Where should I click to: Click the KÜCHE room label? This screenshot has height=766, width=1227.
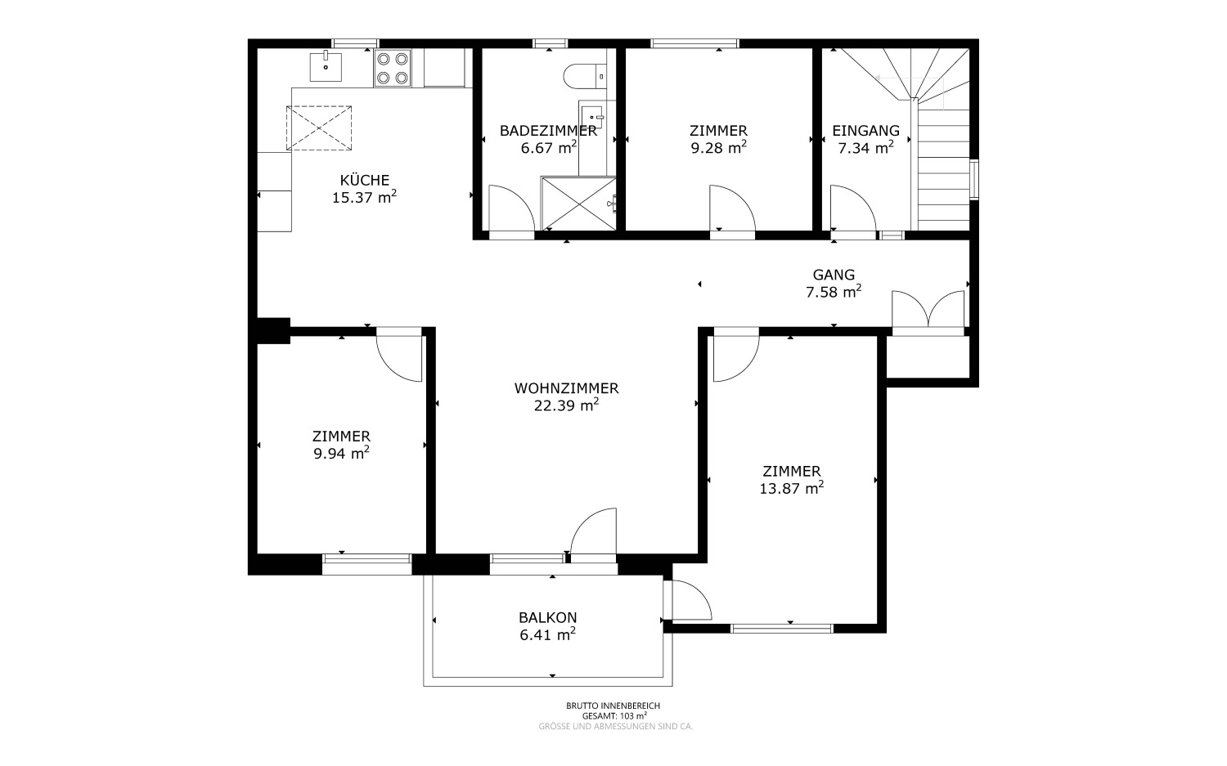(x=364, y=180)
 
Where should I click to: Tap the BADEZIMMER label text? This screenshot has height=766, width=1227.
(x=548, y=131)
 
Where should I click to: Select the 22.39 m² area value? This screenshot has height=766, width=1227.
(x=566, y=405)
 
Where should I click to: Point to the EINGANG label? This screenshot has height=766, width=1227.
(x=865, y=131)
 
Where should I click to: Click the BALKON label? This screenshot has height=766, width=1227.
(x=548, y=617)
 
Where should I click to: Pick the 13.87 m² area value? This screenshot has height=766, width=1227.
(x=792, y=488)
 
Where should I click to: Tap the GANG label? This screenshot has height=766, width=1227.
(x=834, y=275)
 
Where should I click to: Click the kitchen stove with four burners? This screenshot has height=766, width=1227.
(x=392, y=68)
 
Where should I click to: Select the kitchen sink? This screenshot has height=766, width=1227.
(x=326, y=67)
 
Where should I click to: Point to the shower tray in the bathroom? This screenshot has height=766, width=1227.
(x=578, y=203)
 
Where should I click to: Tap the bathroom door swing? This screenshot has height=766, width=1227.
(x=511, y=208)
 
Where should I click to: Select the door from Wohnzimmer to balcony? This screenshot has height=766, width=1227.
(x=594, y=531)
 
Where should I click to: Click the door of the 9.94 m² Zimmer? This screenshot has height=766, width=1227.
(x=399, y=358)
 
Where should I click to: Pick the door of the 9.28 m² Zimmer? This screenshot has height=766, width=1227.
(x=732, y=208)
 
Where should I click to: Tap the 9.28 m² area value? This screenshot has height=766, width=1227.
(x=719, y=148)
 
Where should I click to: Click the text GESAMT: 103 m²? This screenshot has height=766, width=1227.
(x=614, y=715)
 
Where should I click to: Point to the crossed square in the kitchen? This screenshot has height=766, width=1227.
(x=319, y=128)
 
